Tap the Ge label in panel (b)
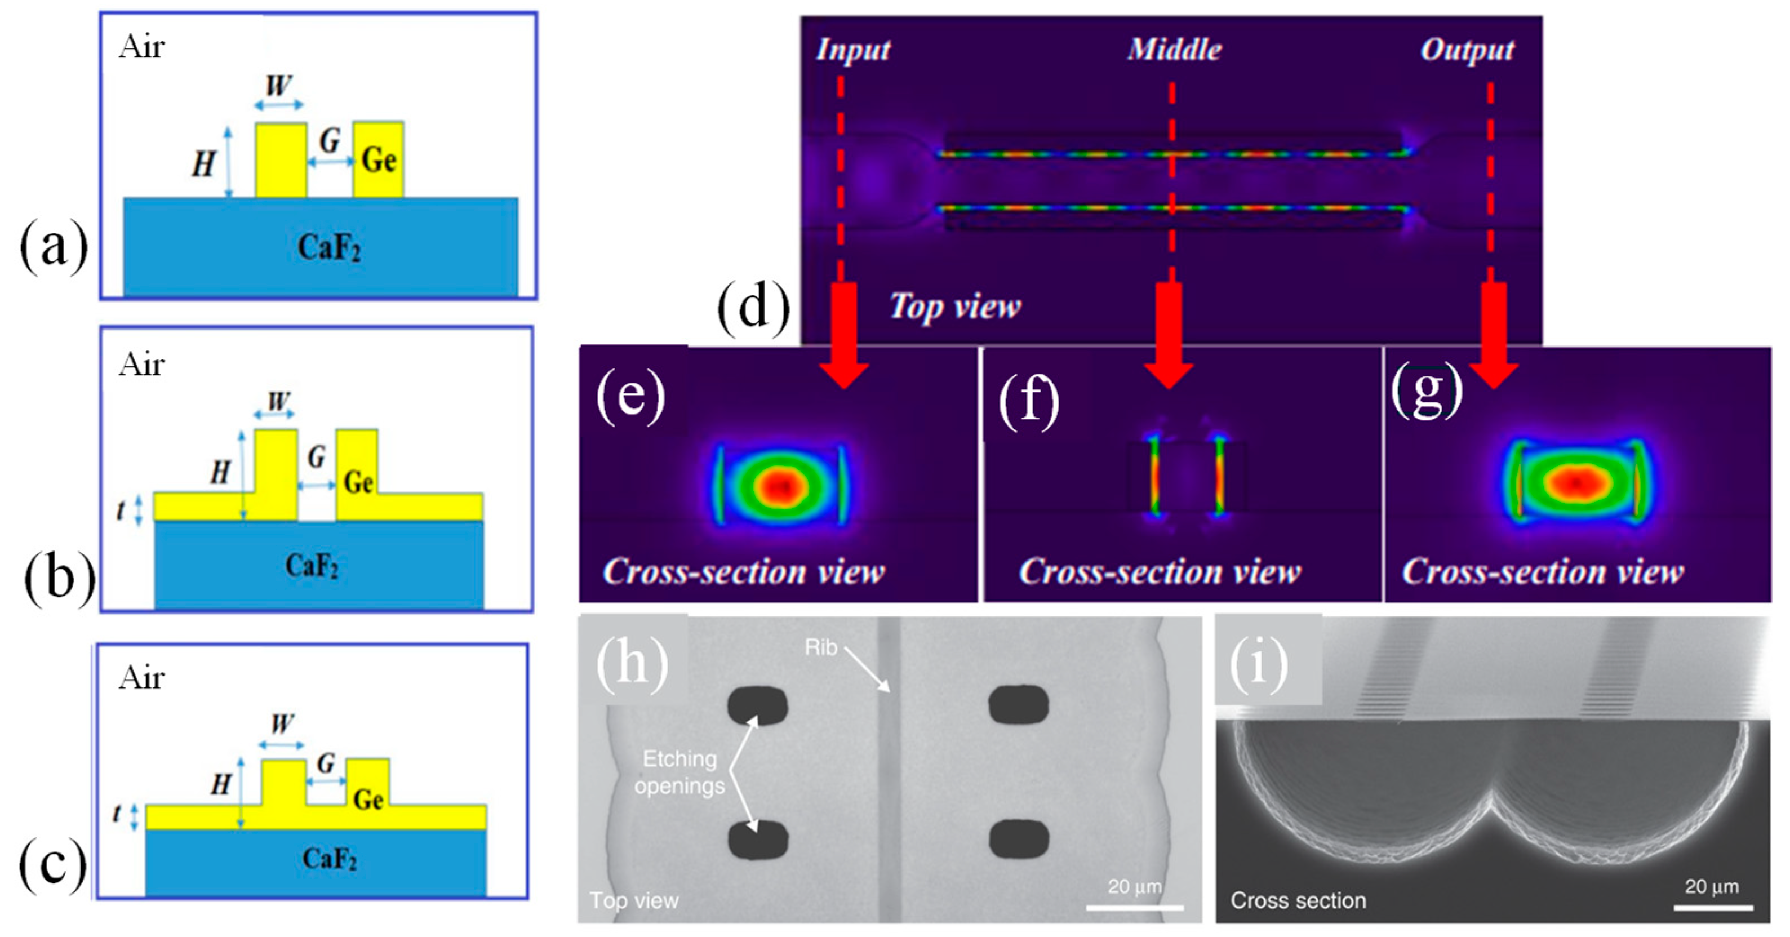[x=358, y=482]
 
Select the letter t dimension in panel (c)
[x=117, y=812]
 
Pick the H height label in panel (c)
[x=220, y=785]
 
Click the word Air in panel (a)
[x=142, y=47]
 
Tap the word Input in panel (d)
[x=852, y=50]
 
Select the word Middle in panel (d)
[x=1174, y=50]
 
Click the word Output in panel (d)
[x=1467, y=50]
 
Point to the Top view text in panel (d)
[x=956, y=307]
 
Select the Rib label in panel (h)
[x=821, y=648]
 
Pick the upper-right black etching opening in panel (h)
[x=1018, y=705]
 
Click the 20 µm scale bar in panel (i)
[x=1712, y=907]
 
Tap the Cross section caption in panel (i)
[x=1298, y=900]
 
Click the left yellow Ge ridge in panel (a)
[x=281, y=161]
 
